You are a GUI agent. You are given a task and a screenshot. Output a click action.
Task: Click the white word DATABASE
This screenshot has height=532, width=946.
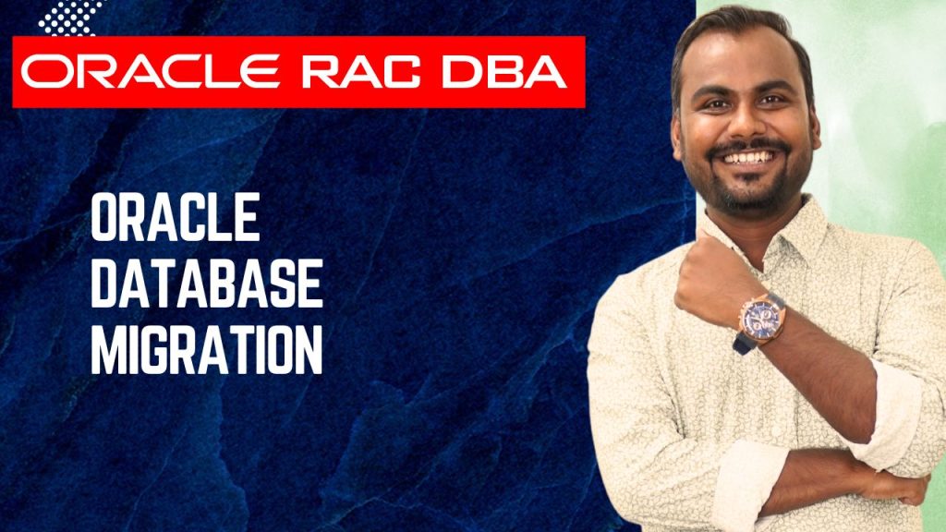tap(207, 285)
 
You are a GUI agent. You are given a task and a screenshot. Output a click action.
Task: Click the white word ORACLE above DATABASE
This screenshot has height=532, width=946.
tap(176, 221)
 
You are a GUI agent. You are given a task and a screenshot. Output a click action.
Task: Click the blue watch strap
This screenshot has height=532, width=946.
tap(745, 343)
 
